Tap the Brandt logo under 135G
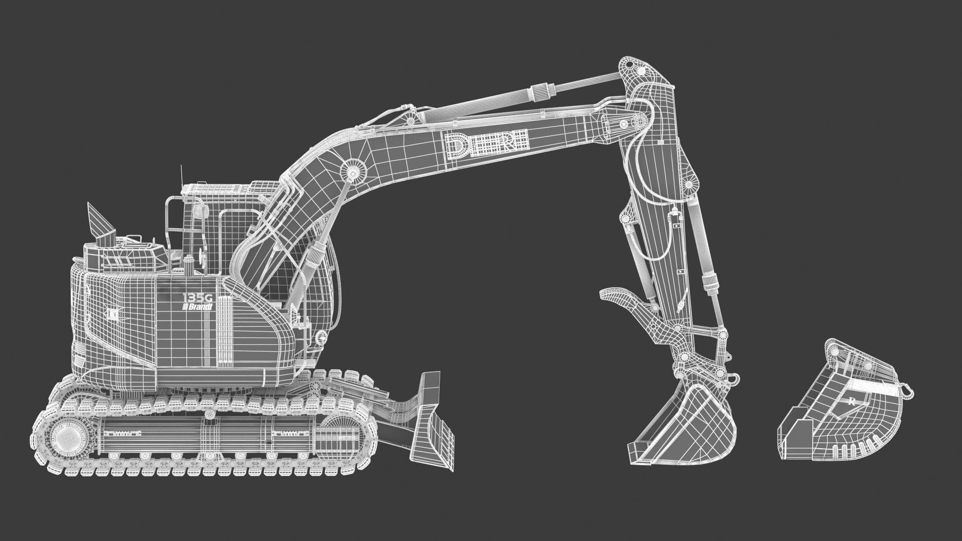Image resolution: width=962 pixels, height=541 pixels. pyautogui.click(x=198, y=307)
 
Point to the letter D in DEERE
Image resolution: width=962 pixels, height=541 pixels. pyautogui.click(x=456, y=145)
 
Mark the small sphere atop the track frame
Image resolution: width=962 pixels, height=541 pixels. pyautogui.click(x=210, y=414)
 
